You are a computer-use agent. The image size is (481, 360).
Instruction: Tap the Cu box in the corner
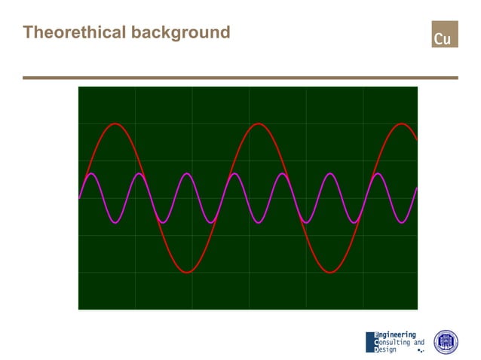444,35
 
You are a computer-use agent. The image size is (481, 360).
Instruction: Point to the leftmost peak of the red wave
115,124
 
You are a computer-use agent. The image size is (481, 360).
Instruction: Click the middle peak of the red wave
258,124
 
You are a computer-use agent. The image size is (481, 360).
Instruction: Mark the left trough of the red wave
188,272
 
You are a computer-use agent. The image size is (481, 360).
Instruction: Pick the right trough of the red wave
330,272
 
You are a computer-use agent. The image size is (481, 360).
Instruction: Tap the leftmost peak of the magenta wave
91,174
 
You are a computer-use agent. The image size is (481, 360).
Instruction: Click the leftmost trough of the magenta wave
115,223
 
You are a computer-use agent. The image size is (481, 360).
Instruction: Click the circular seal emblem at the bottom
446,342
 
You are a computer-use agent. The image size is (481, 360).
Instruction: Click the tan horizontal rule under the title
240,78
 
